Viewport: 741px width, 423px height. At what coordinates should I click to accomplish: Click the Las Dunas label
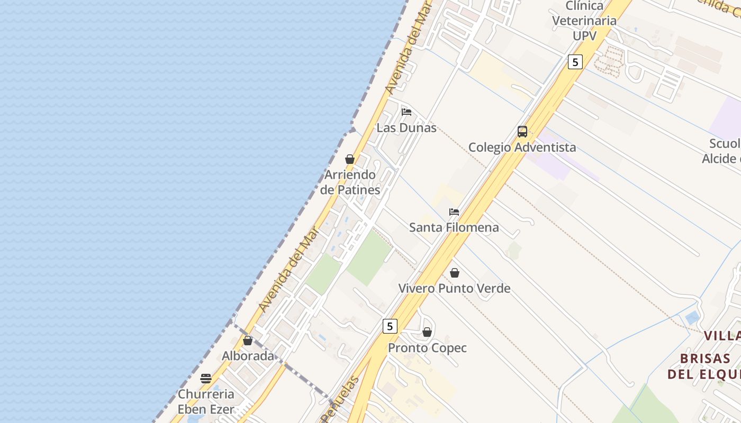[x=406, y=128]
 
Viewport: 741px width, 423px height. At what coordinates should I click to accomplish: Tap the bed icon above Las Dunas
[x=406, y=112]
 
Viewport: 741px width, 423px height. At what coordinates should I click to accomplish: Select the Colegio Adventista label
[x=522, y=148]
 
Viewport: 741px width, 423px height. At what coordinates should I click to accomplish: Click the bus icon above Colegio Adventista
[x=522, y=132]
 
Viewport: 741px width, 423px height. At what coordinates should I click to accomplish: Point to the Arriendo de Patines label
[x=350, y=182]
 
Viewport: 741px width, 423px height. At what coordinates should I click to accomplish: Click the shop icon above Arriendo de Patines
[x=350, y=159]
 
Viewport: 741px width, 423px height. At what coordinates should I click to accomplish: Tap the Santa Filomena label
[x=454, y=227]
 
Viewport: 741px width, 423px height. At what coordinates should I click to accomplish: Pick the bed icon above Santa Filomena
[x=454, y=212]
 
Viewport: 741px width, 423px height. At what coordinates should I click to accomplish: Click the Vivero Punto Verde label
[x=454, y=289]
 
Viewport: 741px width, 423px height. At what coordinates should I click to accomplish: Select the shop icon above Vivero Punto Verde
[x=455, y=273]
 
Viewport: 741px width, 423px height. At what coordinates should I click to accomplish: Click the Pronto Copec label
[x=428, y=348]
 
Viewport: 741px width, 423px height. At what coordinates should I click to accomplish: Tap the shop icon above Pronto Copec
[x=427, y=332]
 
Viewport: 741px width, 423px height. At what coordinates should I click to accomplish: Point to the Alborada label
[x=248, y=356]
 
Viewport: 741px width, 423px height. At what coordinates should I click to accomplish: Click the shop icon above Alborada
[x=248, y=341]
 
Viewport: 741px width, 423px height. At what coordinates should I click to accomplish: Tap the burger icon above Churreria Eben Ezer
[x=206, y=379]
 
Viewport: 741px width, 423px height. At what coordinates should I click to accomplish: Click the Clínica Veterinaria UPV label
[x=584, y=21]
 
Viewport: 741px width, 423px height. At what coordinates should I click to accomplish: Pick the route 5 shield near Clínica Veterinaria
[x=575, y=62]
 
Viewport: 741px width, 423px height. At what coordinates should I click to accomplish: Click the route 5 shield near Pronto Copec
[x=390, y=326]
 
